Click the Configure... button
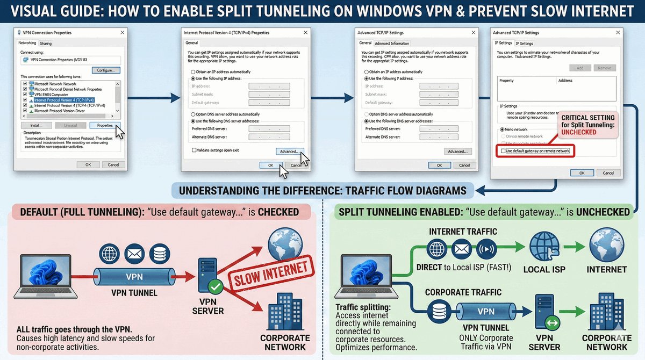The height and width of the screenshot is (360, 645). tap(105, 70)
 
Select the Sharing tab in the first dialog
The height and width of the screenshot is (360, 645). tap(46, 43)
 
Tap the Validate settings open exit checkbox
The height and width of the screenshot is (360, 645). tap(194, 150)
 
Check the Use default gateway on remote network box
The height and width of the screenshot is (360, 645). tap(503, 152)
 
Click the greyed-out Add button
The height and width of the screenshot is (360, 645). tap(580, 68)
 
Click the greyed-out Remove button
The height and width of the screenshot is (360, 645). tap(604, 68)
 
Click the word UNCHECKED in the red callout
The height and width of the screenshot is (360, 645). tap(579, 132)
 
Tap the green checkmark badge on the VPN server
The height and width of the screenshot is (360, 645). tap(216, 287)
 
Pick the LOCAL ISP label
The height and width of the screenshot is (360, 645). tap(544, 269)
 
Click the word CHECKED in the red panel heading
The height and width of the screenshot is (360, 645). tap(278, 212)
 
